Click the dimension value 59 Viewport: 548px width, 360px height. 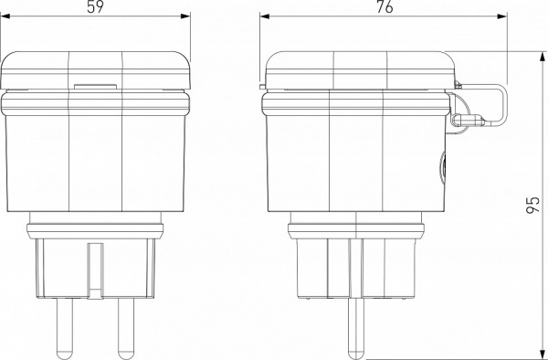(x=95, y=7)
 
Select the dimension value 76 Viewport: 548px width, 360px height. (x=385, y=7)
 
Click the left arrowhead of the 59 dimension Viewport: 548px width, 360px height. (x=5, y=16)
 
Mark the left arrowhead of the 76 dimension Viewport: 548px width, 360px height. (x=265, y=16)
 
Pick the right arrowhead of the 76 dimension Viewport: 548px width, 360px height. (x=503, y=16)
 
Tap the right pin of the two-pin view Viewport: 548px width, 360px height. (x=126, y=328)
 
